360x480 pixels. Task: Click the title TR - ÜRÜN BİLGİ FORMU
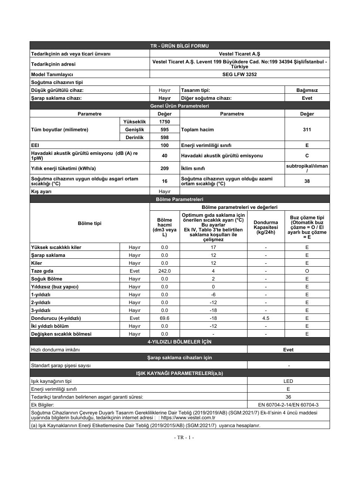coord(180,46)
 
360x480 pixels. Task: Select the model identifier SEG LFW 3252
coord(239,74)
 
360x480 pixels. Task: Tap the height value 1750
coord(165,121)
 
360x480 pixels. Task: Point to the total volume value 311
coord(307,129)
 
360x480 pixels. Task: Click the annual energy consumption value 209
coord(165,168)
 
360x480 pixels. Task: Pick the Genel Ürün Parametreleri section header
coord(180,106)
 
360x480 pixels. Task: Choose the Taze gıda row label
coord(42,271)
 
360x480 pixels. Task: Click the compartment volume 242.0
coord(165,271)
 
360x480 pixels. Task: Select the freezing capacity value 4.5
coord(266,318)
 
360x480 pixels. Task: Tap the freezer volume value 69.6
coord(165,318)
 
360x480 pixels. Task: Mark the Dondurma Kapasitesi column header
coord(266,227)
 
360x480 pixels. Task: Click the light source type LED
coord(288,381)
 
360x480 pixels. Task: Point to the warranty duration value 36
coord(288,397)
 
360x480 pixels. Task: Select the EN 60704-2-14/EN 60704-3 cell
coord(288,405)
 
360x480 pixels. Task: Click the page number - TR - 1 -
coord(184,437)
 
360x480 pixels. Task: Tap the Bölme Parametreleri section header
coord(180,199)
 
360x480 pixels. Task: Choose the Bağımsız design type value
coord(307,90)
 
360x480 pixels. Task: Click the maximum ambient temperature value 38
coord(307,181)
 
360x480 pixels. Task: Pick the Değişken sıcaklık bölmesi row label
coord(61,334)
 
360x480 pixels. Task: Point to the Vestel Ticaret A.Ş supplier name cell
coord(239,54)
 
